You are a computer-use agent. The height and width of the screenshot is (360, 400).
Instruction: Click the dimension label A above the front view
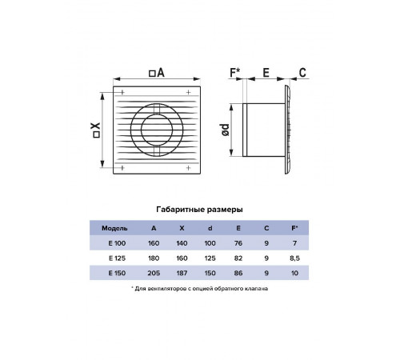coord(157,73)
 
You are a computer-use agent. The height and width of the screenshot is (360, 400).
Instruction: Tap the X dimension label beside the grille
coord(96,130)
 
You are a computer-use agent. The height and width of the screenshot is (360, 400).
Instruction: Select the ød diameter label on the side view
coord(226,130)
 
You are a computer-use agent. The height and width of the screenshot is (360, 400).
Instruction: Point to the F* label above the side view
coord(235,73)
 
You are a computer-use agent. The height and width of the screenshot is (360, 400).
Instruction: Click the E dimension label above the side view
coord(266,73)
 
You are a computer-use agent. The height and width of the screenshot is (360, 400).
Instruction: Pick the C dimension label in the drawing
coord(302,73)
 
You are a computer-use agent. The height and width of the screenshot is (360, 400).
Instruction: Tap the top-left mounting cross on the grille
coord(122,92)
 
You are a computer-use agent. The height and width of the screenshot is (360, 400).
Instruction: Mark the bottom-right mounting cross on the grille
coord(189,168)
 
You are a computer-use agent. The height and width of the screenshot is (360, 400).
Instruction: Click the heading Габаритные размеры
coord(199,210)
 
